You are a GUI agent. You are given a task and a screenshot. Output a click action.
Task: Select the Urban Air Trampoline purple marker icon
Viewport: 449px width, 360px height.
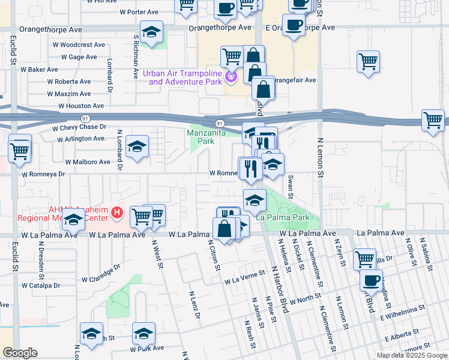232,76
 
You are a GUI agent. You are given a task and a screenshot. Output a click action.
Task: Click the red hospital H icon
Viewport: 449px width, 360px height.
117,212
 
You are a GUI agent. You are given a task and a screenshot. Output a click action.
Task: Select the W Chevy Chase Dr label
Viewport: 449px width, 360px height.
79,127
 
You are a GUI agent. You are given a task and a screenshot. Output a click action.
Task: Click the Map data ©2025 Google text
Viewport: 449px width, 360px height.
412,355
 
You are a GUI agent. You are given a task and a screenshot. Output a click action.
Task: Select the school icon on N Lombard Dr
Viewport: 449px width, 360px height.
137,146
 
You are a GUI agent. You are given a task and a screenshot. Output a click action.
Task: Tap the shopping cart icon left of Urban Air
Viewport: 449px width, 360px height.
232,56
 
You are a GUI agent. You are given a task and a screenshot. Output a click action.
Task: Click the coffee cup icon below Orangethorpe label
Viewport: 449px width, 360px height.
293,26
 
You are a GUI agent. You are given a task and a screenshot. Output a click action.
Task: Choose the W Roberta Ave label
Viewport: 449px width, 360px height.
68,82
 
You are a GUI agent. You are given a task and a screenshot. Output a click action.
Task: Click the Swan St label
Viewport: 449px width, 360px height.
291,187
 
